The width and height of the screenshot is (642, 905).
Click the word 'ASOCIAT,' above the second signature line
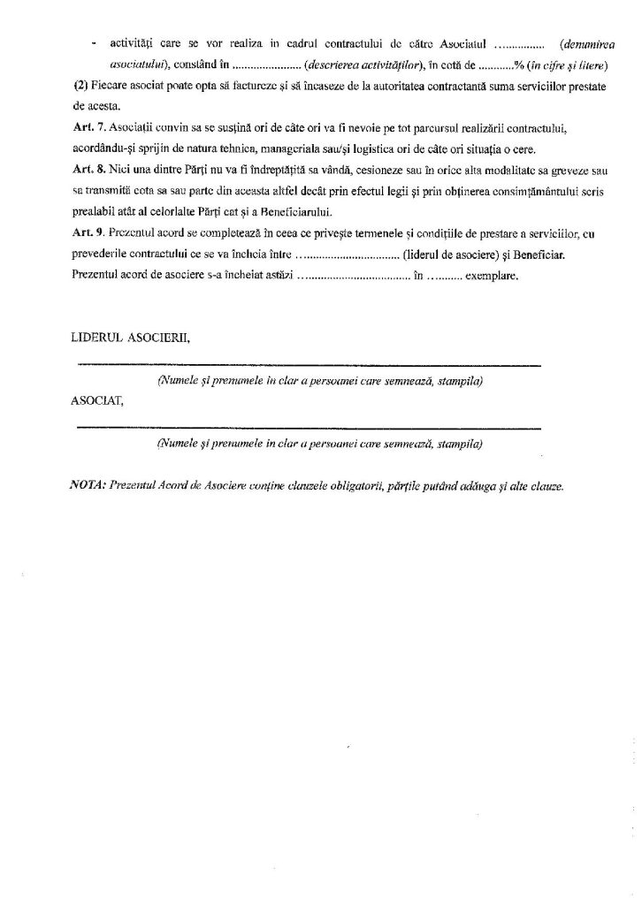pos(96,399)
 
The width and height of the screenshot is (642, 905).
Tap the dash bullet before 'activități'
pos(94,41)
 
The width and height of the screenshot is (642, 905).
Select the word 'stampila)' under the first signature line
pos(458,381)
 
